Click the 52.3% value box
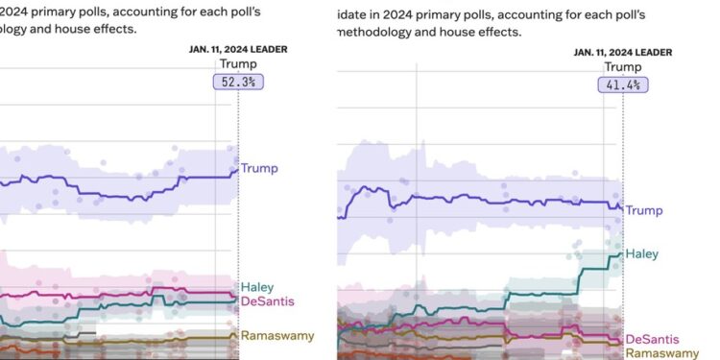238,83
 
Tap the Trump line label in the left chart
259,168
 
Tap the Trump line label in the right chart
644,209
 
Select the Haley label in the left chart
257,287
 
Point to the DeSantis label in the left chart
267,301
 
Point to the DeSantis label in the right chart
653,339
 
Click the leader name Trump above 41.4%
623,67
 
